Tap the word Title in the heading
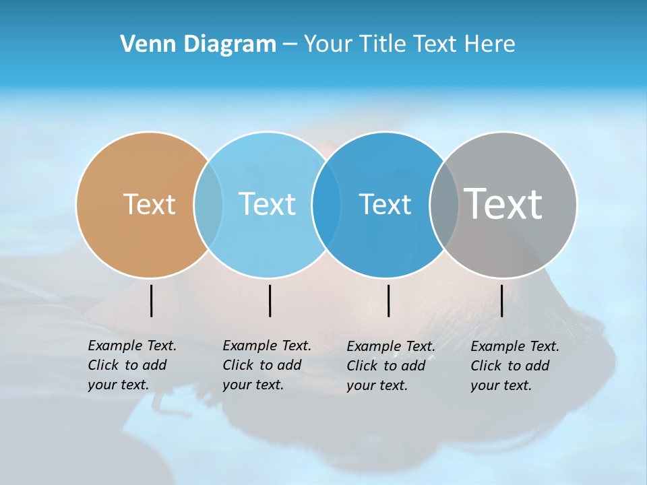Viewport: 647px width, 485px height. (x=383, y=44)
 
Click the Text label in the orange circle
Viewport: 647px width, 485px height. (x=149, y=204)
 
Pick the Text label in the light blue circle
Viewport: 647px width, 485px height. (x=267, y=204)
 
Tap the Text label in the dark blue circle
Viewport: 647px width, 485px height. (x=385, y=204)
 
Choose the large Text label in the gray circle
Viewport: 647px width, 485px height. (x=503, y=203)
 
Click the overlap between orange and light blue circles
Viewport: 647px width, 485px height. (x=208, y=204)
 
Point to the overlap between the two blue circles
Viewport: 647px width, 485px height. (x=326, y=204)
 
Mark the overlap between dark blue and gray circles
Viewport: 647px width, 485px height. (x=444, y=204)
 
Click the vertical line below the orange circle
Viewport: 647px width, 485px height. (x=151, y=300)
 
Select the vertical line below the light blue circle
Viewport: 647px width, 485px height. (x=270, y=300)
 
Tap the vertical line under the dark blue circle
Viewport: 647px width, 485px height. (x=388, y=300)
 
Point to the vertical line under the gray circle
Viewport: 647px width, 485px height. (x=501, y=300)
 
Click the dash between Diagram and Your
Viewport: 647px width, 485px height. (x=290, y=45)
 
